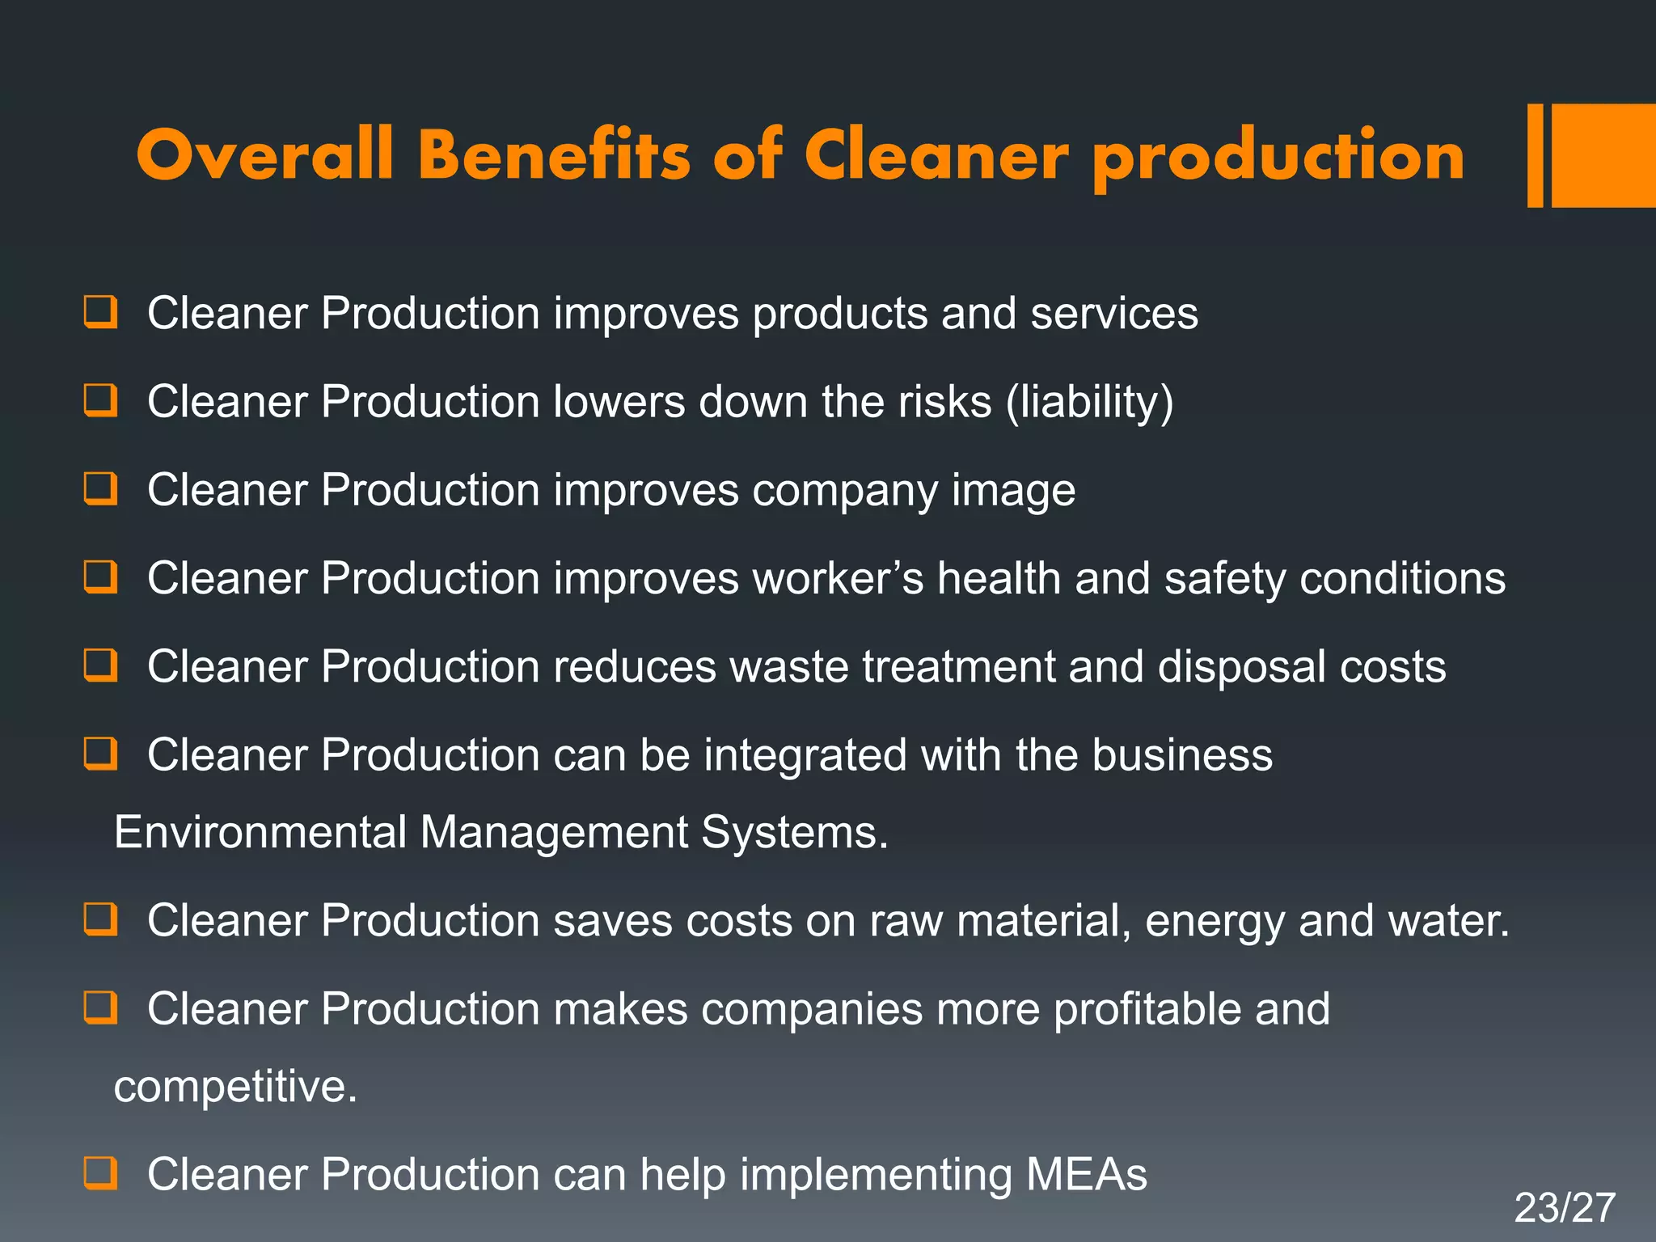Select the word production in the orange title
point(1278,158)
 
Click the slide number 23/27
point(1564,1208)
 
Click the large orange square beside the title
point(1603,155)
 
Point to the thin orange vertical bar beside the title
point(1535,155)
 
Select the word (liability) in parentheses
point(1089,403)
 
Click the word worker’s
point(838,579)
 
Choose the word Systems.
point(794,832)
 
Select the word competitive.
point(234,1086)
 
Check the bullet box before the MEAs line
point(101,1172)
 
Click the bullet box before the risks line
point(101,400)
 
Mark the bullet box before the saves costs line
point(101,919)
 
